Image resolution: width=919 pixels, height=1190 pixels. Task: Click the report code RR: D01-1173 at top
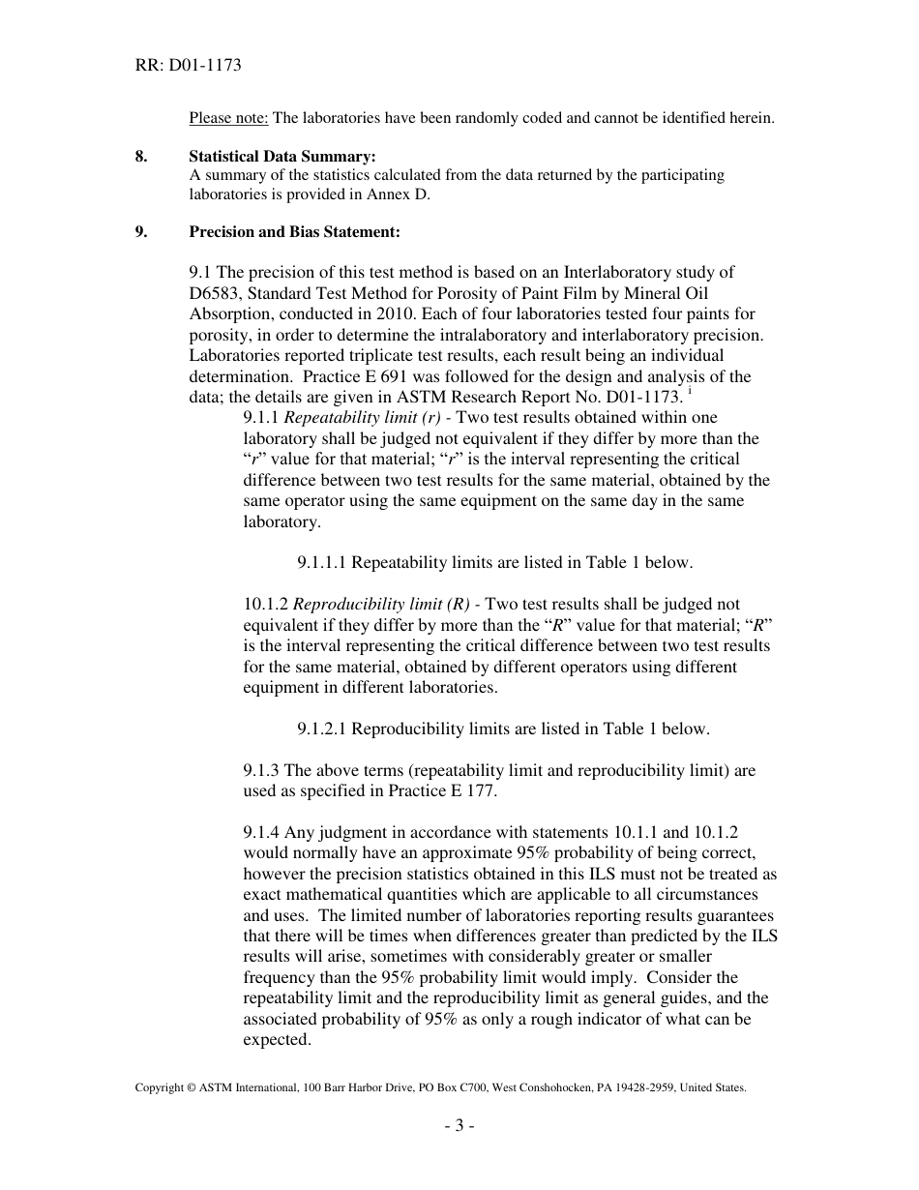(188, 66)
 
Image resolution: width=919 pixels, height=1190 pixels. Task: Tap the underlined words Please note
(228, 118)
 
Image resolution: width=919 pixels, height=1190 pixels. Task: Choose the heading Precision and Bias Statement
(294, 232)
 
